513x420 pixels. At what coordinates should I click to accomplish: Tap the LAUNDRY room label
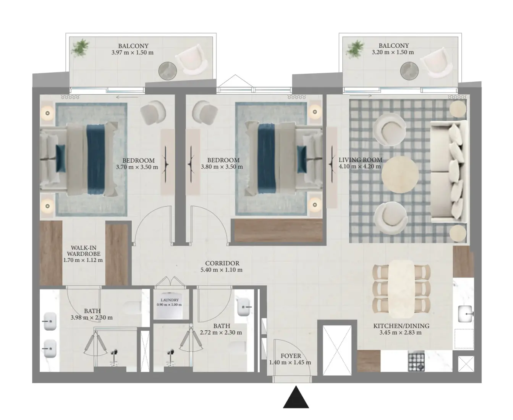[x=170, y=300]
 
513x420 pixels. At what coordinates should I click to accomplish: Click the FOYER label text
[x=291, y=356]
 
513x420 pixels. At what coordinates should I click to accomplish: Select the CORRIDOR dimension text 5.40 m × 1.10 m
[x=221, y=270]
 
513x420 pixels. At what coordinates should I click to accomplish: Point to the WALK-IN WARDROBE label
[x=84, y=251]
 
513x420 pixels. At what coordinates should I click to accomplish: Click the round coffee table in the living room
[x=400, y=174]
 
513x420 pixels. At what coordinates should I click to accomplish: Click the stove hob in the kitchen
[x=416, y=362]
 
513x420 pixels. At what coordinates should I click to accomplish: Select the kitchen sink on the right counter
[x=465, y=314]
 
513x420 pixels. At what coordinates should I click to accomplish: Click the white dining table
[x=401, y=289]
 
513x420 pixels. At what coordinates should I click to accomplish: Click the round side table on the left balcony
[x=168, y=71]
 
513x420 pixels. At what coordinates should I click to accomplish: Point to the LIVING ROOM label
[x=361, y=160]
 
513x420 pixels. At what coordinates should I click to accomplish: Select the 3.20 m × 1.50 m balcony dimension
[x=393, y=52]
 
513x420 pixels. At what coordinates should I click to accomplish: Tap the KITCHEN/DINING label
[x=401, y=326]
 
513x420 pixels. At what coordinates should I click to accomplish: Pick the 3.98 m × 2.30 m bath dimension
[x=92, y=317]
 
